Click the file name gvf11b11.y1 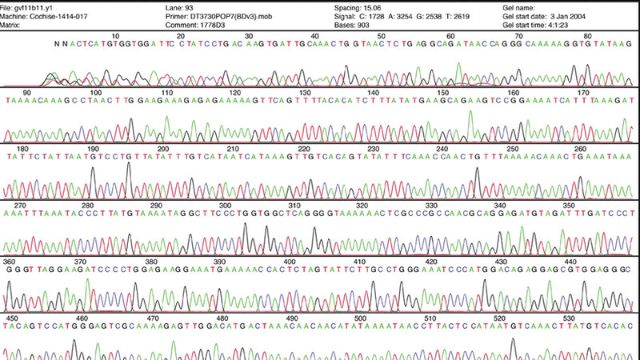tap(41, 6)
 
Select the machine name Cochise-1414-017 tap(64, 15)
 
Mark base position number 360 tap(10, 261)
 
